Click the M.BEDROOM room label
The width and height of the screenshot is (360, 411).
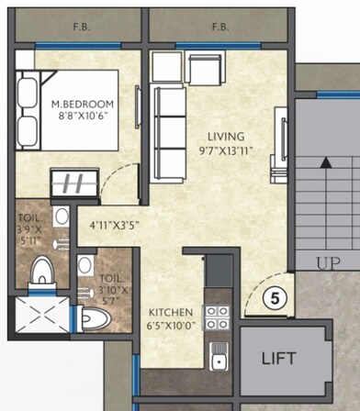point(84,105)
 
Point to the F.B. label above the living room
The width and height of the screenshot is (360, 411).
point(219,28)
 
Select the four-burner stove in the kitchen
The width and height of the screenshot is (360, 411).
point(217,318)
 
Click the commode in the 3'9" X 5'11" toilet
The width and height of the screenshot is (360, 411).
point(41,272)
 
